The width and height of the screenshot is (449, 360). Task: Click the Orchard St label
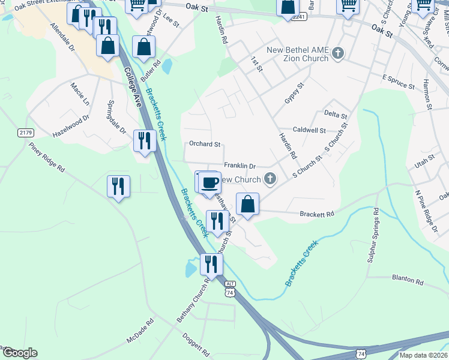click(x=205, y=144)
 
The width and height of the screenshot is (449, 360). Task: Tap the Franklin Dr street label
click(x=240, y=166)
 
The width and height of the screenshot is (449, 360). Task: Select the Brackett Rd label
click(x=316, y=214)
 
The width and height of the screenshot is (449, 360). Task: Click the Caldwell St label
click(x=309, y=130)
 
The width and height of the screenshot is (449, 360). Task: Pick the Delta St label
click(x=336, y=115)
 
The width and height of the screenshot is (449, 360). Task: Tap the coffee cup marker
click(x=209, y=182)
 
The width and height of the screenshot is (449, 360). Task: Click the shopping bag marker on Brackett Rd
click(x=247, y=204)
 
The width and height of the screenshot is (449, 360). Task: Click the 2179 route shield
click(x=26, y=132)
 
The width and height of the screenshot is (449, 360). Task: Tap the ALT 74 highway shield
click(x=229, y=288)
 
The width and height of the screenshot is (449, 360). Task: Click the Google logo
click(x=19, y=353)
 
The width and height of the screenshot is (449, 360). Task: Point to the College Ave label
click(x=133, y=86)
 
